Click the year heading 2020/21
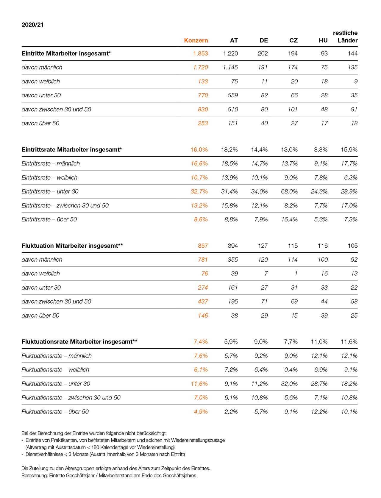click(x=32, y=25)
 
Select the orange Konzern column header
click(x=196, y=40)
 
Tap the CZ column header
click(x=293, y=40)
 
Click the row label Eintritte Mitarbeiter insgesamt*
click(x=66, y=54)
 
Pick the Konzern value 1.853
click(x=200, y=54)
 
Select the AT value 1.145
click(x=230, y=68)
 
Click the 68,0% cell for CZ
click(x=289, y=192)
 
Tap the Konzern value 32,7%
click(x=199, y=192)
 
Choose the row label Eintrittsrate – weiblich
click(x=49, y=178)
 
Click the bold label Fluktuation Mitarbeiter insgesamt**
click(x=72, y=246)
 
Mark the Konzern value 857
click(x=203, y=246)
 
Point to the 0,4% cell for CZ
click(x=291, y=370)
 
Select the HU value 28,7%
click(x=319, y=384)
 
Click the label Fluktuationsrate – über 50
click(x=55, y=412)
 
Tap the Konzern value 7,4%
click(x=201, y=342)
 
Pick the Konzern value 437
click(x=203, y=302)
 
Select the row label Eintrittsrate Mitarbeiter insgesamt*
click(x=72, y=150)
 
